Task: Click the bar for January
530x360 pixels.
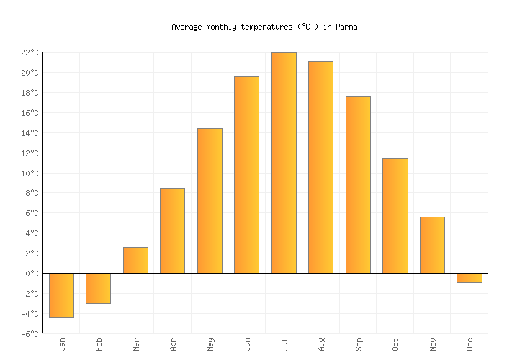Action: [x=61, y=295]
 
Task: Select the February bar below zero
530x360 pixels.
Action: [x=98, y=288]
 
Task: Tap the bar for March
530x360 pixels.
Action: [x=135, y=260]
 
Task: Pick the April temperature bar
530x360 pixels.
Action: [x=172, y=230]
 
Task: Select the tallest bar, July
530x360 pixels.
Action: [x=284, y=163]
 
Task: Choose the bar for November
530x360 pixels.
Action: [x=432, y=245]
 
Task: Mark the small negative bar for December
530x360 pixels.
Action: [x=469, y=278]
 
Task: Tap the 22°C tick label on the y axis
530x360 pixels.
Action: [x=30, y=53]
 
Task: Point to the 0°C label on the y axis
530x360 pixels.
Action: [x=32, y=274]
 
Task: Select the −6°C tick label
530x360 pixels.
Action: [x=30, y=334]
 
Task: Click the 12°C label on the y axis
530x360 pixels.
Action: [x=30, y=153]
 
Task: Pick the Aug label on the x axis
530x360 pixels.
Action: [x=321, y=343]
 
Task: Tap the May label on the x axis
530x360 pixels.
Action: [x=210, y=343]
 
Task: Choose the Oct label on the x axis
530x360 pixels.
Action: [x=395, y=343]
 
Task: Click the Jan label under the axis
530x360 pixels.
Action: [x=62, y=343]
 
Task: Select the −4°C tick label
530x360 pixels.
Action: [x=30, y=314]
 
